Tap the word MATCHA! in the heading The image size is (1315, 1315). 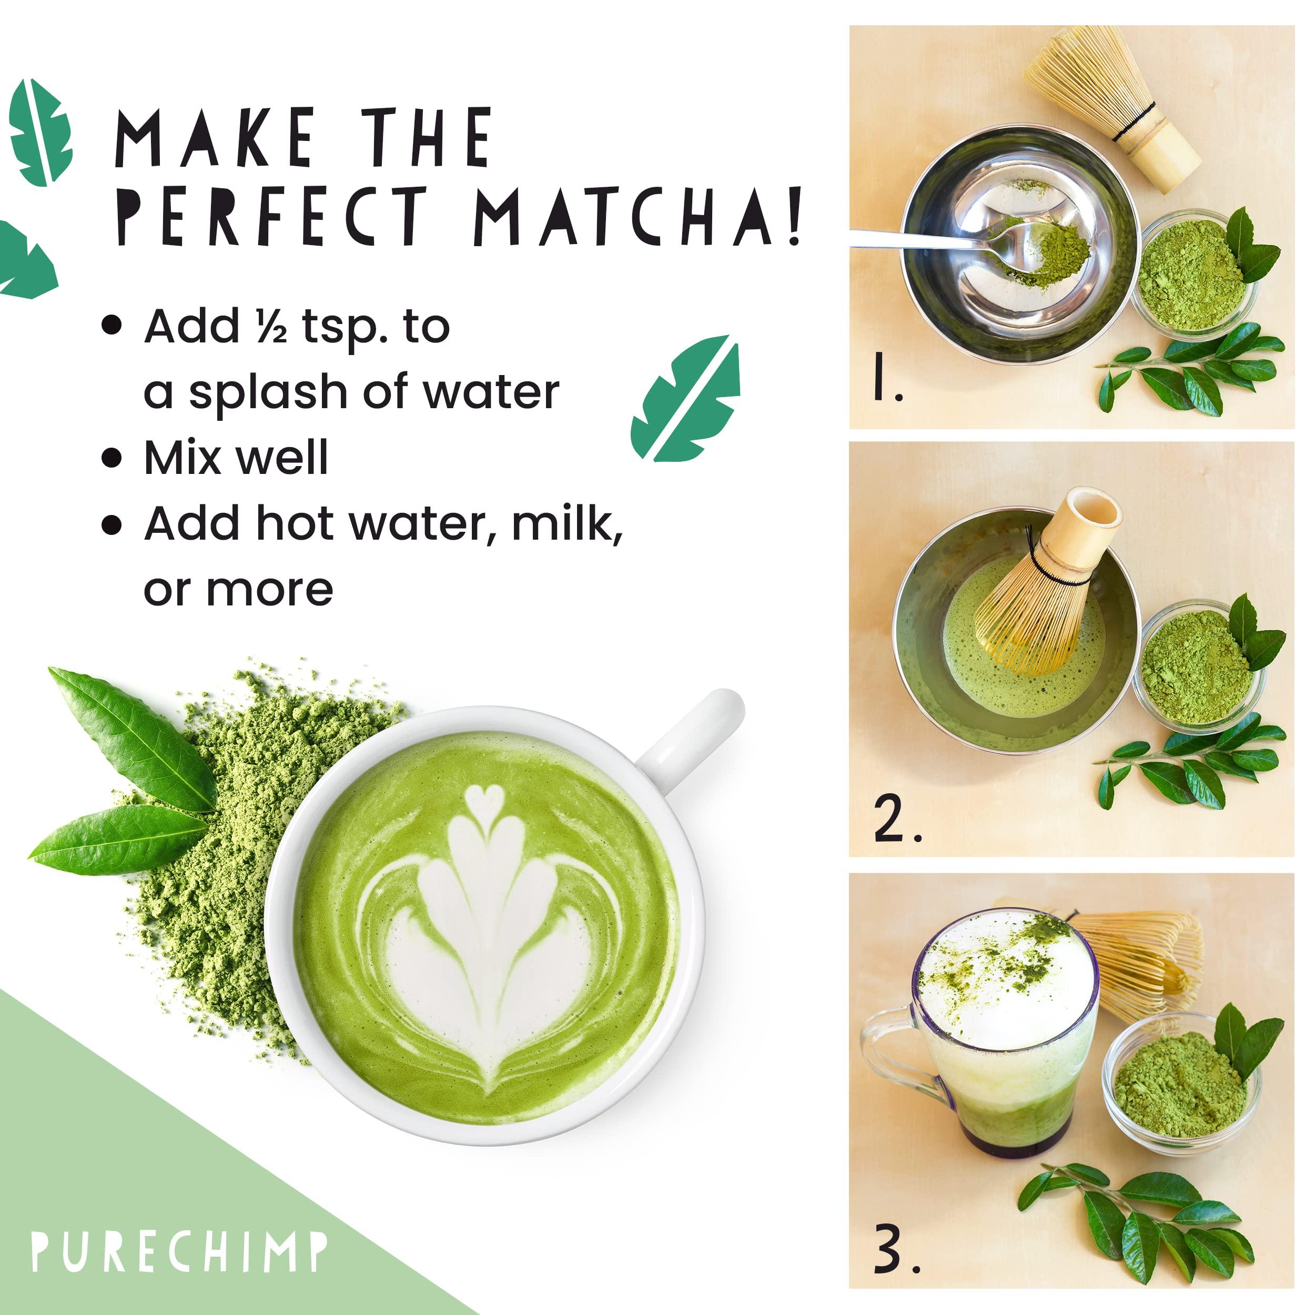coord(636,216)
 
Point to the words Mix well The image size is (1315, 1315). coord(236,458)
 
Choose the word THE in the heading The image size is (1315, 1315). coord(426,137)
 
